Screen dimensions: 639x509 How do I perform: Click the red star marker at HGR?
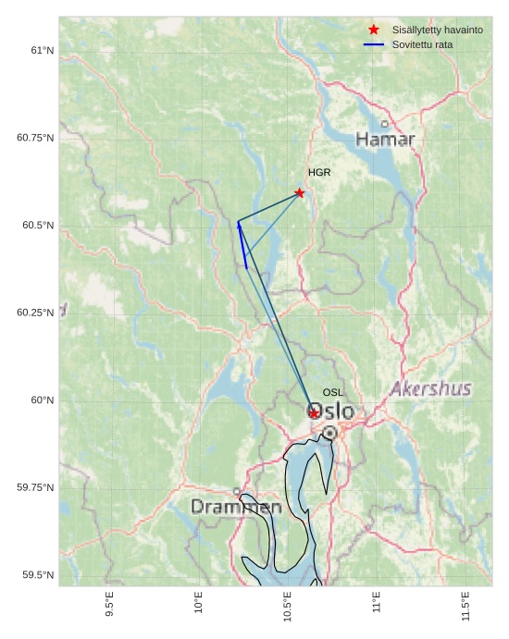[299, 192]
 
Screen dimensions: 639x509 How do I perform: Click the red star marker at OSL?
[314, 412]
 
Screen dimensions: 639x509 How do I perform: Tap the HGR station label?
[319, 173]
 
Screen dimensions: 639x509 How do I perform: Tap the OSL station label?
[333, 393]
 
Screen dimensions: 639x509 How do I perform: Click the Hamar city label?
[385, 140]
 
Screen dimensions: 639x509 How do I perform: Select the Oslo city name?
[330, 411]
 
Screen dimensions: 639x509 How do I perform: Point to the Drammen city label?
[236, 507]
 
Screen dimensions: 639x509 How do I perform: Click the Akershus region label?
[430, 389]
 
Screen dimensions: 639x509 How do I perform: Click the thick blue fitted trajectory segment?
[242, 245]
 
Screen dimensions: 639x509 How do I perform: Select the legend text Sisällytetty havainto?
[437, 31]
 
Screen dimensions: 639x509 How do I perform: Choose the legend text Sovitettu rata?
[422, 44]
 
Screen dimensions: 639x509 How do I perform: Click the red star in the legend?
[374, 31]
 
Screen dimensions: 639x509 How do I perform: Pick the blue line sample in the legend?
[374, 44]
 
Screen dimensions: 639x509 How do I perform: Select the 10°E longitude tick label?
[199, 604]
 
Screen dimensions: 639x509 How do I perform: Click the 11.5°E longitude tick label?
[465, 607]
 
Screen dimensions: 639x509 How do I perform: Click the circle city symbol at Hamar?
[385, 124]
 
